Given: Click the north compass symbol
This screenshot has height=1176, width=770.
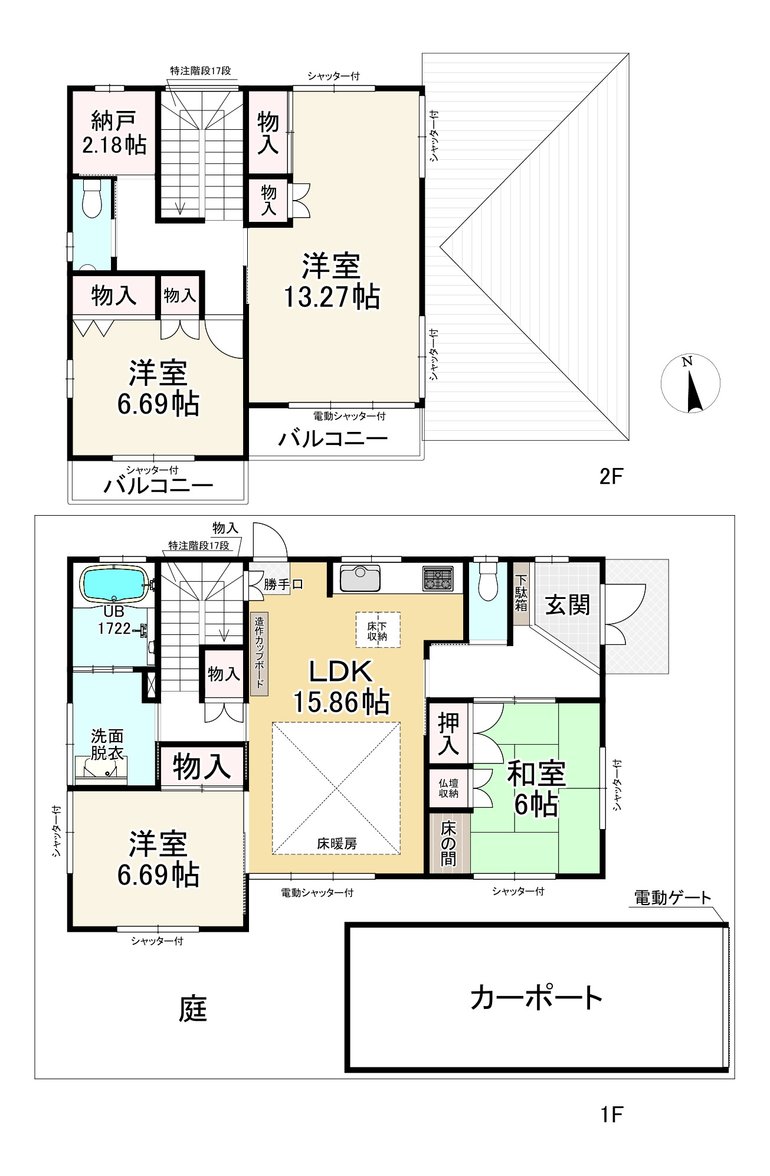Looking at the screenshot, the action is (690, 384).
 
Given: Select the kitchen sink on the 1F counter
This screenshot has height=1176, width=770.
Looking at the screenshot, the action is (360, 578).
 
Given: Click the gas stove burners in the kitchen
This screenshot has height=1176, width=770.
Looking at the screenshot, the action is (438, 578).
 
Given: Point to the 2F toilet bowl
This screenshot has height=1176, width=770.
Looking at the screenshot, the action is (92, 198).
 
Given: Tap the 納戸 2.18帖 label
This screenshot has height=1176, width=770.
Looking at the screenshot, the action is (114, 133).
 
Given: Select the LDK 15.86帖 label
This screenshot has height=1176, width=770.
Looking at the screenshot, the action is (342, 687).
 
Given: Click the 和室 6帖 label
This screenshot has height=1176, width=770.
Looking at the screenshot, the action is (536, 788).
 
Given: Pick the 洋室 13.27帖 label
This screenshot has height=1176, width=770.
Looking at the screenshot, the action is (332, 281).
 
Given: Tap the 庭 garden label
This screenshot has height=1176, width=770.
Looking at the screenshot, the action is (193, 1008).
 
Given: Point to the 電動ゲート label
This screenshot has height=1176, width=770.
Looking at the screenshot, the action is (673, 898).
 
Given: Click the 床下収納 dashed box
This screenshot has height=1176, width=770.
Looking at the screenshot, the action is (378, 630).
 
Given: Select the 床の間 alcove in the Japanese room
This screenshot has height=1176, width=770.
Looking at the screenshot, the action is (449, 843).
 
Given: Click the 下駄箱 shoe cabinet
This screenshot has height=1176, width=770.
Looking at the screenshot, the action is (521, 593).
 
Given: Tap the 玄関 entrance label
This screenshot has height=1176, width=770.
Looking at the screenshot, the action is (567, 605).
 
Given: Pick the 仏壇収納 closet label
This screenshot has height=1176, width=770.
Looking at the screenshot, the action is (448, 788).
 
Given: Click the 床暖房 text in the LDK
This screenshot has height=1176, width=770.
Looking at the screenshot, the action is (337, 844).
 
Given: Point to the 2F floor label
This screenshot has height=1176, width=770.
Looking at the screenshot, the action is (611, 476).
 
